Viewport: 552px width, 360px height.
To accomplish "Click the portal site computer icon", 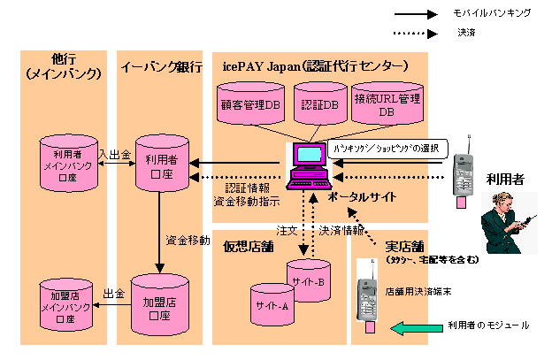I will point(309,164).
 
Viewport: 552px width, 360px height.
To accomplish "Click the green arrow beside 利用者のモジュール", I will point(416,328).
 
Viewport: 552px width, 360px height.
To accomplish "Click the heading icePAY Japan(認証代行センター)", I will point(315,66).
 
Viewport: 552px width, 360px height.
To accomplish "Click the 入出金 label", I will point(115,153).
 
